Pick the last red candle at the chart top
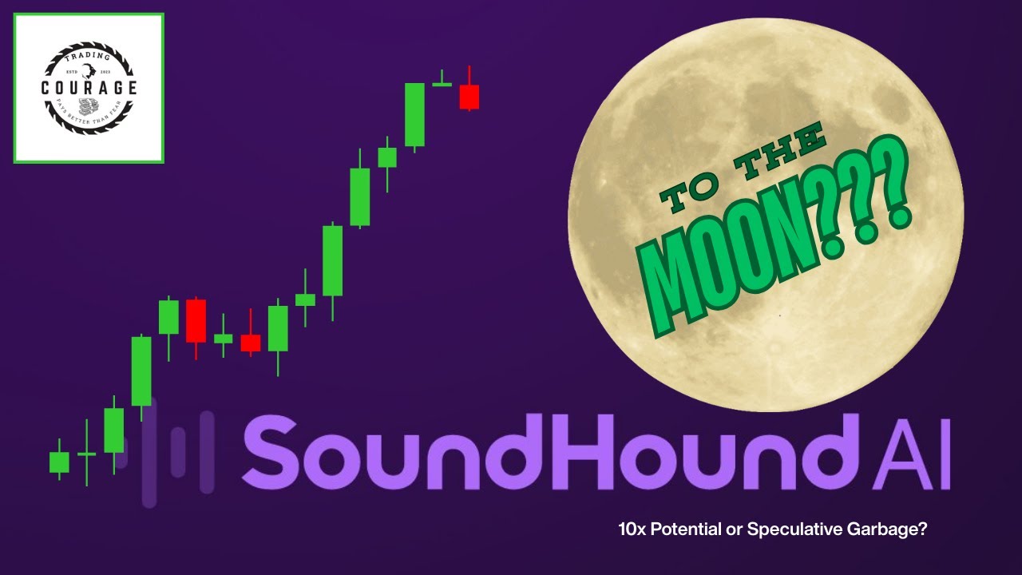click(469, 96)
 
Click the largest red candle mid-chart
click(196, 320)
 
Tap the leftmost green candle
click(59, 462)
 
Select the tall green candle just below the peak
click(414, 114)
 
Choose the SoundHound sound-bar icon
click(176, 451)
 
